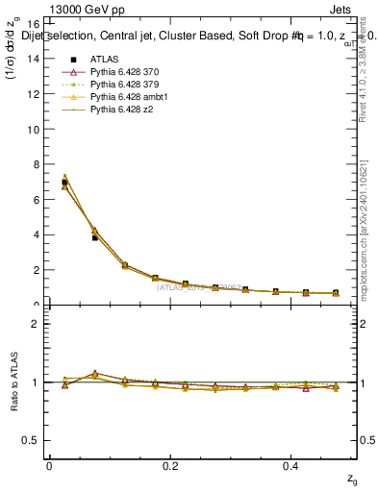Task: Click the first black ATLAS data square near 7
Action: click(64, 182)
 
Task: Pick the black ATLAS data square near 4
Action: click(94, 236)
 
